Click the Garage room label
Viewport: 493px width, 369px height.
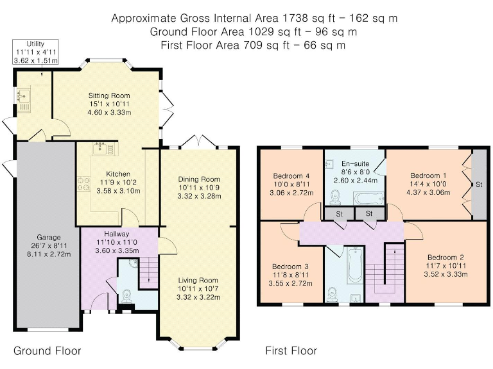point(48,237)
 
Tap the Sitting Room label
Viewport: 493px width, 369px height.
point(108,95)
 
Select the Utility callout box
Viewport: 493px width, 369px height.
point(35,52)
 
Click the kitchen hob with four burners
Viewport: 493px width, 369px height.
point(83,184)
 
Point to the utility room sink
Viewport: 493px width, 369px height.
point(24,95)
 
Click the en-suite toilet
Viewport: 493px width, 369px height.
point(336,197)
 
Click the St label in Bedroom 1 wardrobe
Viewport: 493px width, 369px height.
point(479,184)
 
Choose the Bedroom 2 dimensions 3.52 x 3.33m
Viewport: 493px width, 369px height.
point(445,275)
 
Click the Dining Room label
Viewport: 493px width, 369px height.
point(199,179)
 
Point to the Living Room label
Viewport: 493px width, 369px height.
point(198,281)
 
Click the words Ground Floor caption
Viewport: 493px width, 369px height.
point(47,351)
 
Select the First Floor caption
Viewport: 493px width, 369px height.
point(291,351)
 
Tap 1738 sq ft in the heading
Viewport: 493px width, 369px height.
point(295,18)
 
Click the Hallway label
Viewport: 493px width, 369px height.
point(117,234)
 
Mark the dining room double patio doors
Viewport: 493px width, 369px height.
point(199,141)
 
